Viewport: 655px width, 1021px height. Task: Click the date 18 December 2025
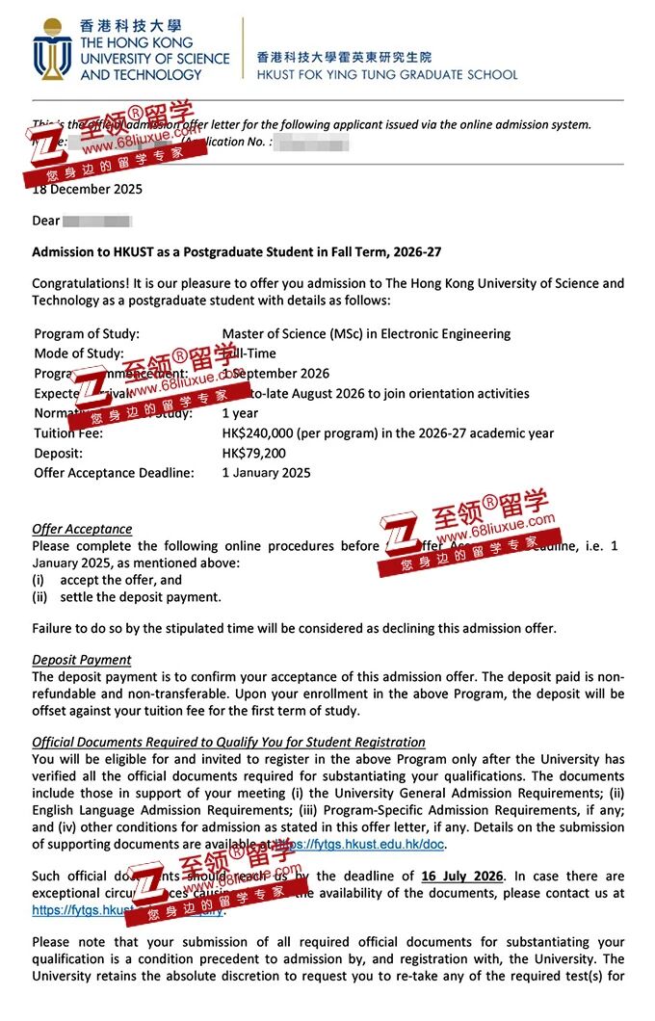coord(87,189)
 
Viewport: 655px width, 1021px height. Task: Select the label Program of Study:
coord(87,334)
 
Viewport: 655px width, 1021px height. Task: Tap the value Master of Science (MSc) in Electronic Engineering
coord(366,334)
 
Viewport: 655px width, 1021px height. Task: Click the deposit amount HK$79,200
coord(253,453)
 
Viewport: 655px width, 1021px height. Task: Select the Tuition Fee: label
coord(68,433)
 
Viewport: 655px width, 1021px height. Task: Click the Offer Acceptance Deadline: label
coord(114,473)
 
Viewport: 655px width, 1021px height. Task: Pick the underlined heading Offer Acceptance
coord(82,529)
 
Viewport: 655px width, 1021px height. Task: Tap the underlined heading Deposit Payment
coord(81,660)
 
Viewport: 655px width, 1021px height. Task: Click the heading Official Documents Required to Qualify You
coord(228,742)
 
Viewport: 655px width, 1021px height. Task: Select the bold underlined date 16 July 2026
coord(462,876)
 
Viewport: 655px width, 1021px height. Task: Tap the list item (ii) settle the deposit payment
coord(126,596)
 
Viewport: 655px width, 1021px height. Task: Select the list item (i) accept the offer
coord(107,580)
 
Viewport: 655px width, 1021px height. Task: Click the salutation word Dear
coord(46,221)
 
